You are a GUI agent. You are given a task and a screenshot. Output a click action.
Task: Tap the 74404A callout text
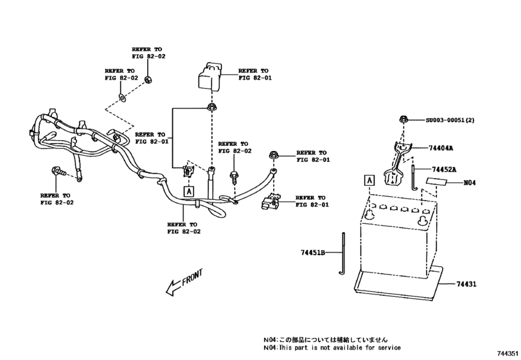[x=442, y=148]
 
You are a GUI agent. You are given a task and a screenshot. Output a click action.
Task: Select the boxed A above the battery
[x=369, y=180]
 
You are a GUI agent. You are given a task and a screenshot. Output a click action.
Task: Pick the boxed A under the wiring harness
[x=188, y=191]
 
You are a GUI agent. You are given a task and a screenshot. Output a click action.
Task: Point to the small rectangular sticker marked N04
[x=440, y=183]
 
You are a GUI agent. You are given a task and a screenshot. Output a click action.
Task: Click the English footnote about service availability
[x=331, y=348]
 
